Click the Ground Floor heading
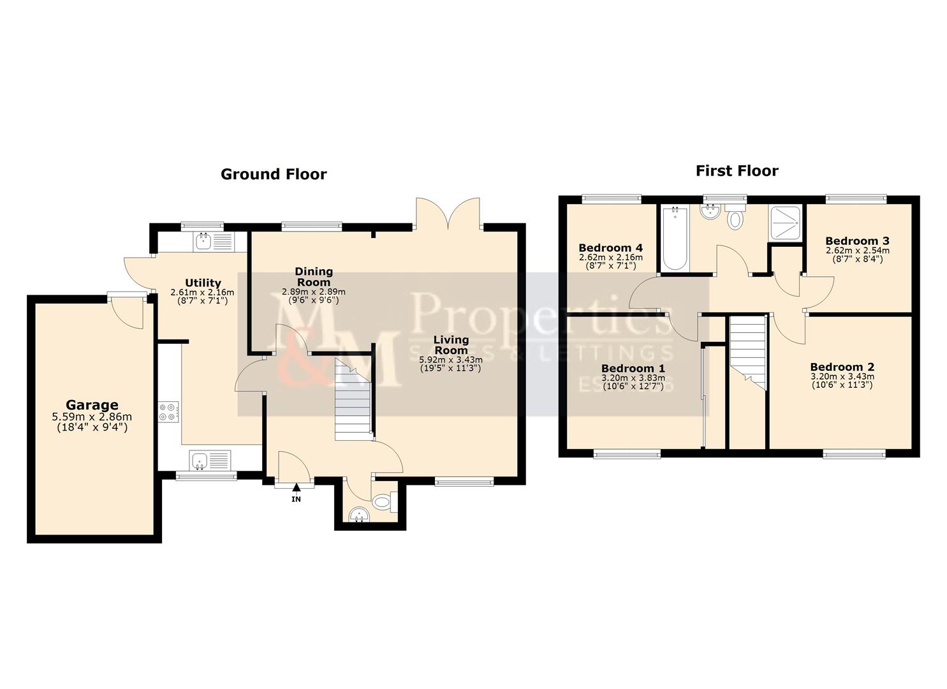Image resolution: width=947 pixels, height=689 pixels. point(273,174)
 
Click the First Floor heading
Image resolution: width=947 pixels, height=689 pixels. point(737,170)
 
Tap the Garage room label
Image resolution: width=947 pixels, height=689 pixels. point(92,404)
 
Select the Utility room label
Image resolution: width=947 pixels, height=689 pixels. point(203,283)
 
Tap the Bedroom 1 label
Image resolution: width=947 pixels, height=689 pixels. point(633,368)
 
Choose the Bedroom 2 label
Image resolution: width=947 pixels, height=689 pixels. point(842,367)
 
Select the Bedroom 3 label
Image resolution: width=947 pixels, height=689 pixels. point(857,241)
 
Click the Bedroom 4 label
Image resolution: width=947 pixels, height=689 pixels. point(610,248)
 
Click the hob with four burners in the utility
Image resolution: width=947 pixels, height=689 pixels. point(170,411)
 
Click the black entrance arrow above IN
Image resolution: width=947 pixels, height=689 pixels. point(296,487)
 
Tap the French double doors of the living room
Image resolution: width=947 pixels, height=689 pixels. point(448,213)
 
